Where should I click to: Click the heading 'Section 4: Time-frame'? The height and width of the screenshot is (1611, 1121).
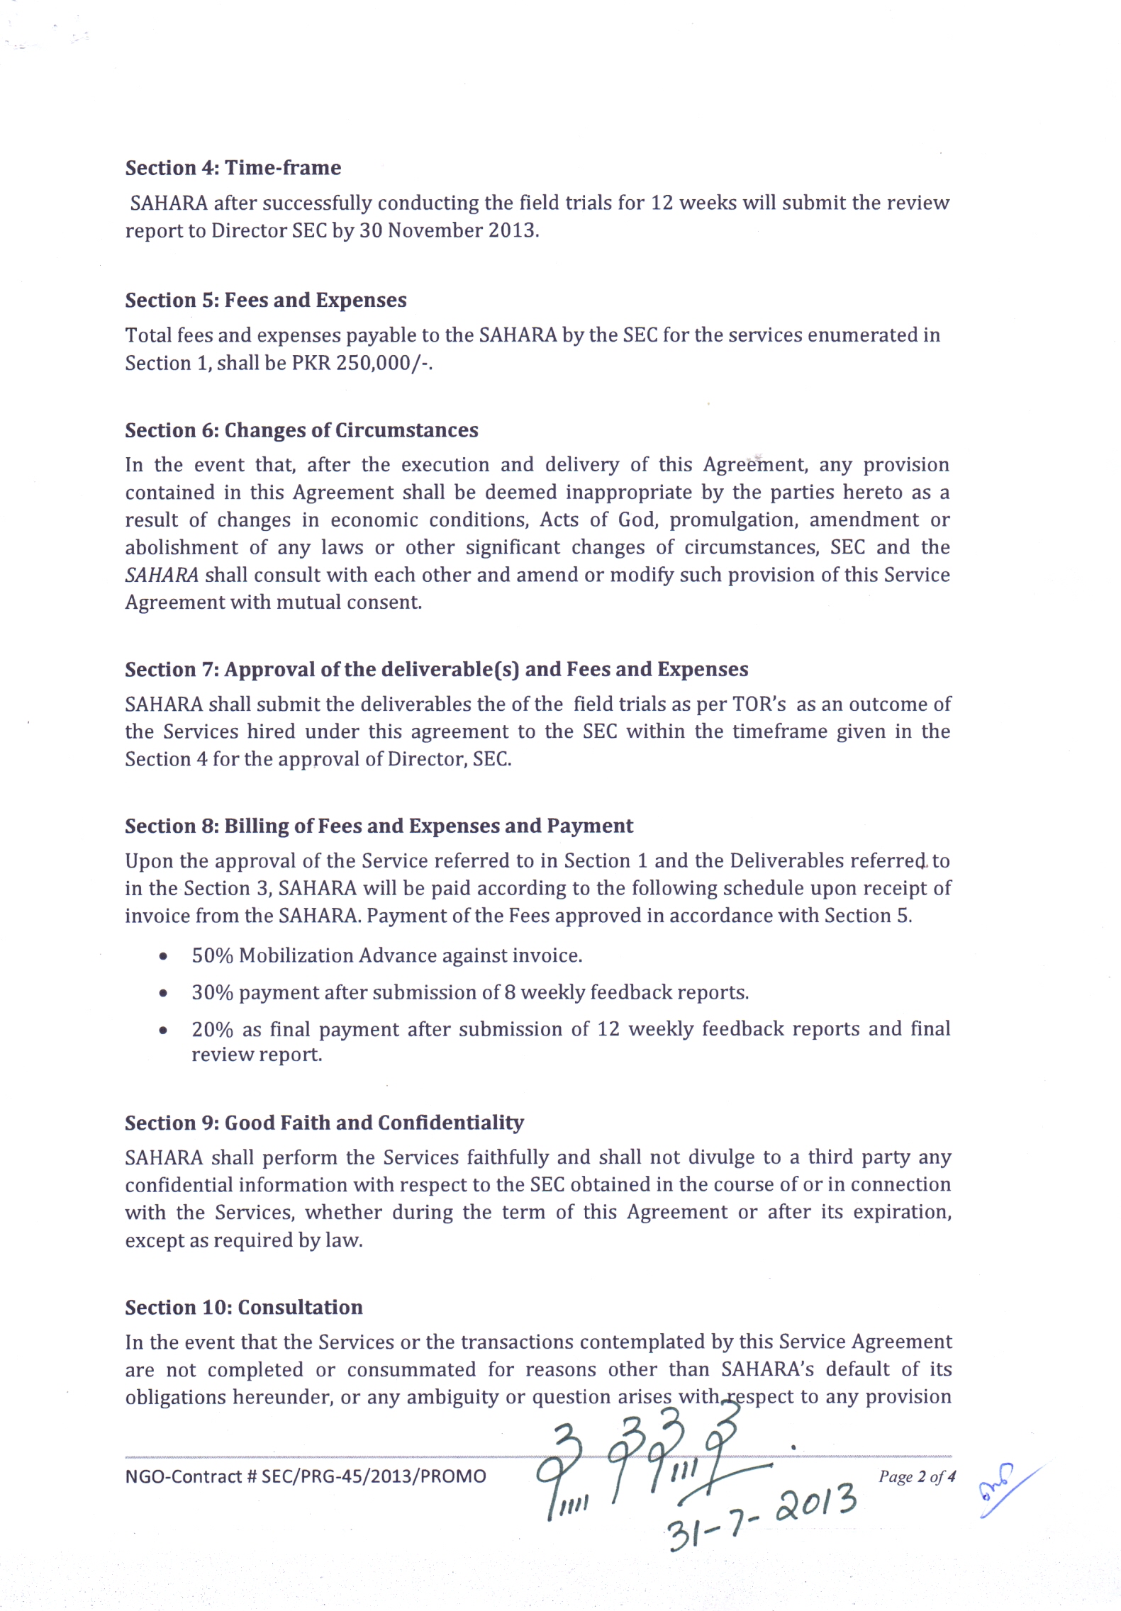[233, 168]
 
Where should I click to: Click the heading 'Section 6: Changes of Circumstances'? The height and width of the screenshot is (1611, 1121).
[301, 430]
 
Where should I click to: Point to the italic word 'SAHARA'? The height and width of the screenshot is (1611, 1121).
[162, 575]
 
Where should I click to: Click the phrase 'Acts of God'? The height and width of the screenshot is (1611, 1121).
[599, 520]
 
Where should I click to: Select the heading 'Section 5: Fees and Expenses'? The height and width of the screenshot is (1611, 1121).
[266, 301]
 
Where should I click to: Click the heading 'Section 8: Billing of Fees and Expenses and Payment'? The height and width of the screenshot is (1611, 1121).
[379, 826]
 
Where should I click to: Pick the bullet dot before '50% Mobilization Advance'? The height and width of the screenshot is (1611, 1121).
[164, 957]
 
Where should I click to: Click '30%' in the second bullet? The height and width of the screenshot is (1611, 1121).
[212, 993]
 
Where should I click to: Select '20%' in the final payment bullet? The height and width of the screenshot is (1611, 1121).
[212, 1029]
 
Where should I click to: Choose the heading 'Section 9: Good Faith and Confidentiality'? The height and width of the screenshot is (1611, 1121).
[324, 1123]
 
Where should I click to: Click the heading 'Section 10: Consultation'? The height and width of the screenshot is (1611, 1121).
[243, 1308]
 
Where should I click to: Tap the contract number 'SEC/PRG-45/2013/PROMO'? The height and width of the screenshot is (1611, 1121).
[374, 1476]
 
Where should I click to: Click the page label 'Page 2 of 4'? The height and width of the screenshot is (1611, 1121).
[917, 1476]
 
